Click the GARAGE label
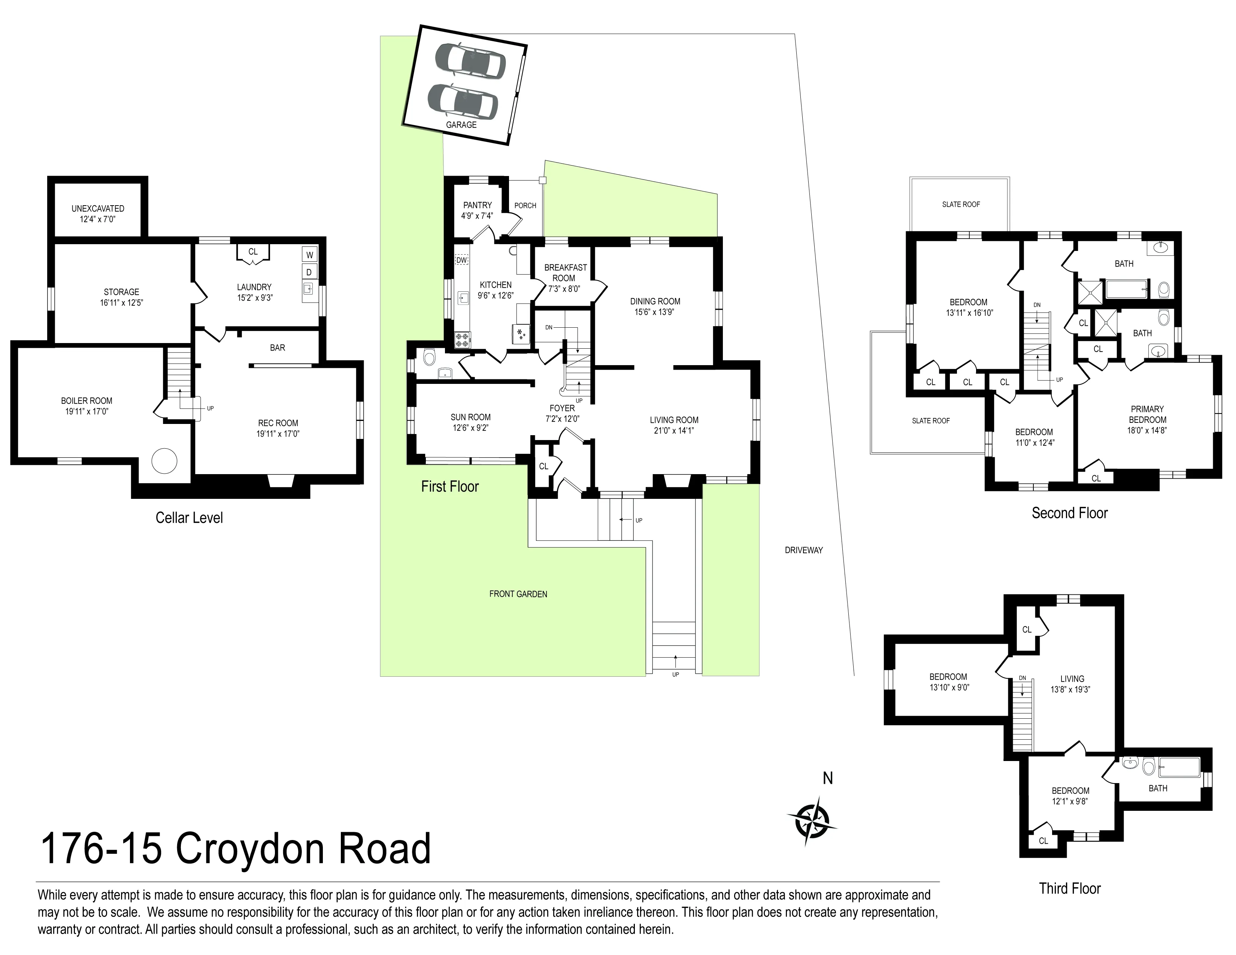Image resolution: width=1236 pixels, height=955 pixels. pos(461,124)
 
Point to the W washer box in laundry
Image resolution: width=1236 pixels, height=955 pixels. pos(310,255)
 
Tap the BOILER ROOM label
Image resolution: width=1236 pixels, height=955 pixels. pos(87,401)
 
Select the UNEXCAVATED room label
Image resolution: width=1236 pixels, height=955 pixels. pos(97,209)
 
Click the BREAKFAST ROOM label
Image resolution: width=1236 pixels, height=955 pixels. pos(565,273)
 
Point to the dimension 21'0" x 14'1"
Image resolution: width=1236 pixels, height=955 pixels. pos(673,431)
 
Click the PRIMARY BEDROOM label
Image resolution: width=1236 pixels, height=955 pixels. pos(1147,414)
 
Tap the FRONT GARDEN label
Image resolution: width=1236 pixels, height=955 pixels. pos(518,594)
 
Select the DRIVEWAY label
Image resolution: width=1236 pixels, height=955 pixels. pos(804,550)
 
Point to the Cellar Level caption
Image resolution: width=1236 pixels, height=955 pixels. pos(189,518)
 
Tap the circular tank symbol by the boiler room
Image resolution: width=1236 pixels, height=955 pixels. pos(164,461)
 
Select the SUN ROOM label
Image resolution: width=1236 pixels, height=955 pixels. pos(470,417)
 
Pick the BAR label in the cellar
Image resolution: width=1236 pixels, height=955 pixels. pos(277,348)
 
